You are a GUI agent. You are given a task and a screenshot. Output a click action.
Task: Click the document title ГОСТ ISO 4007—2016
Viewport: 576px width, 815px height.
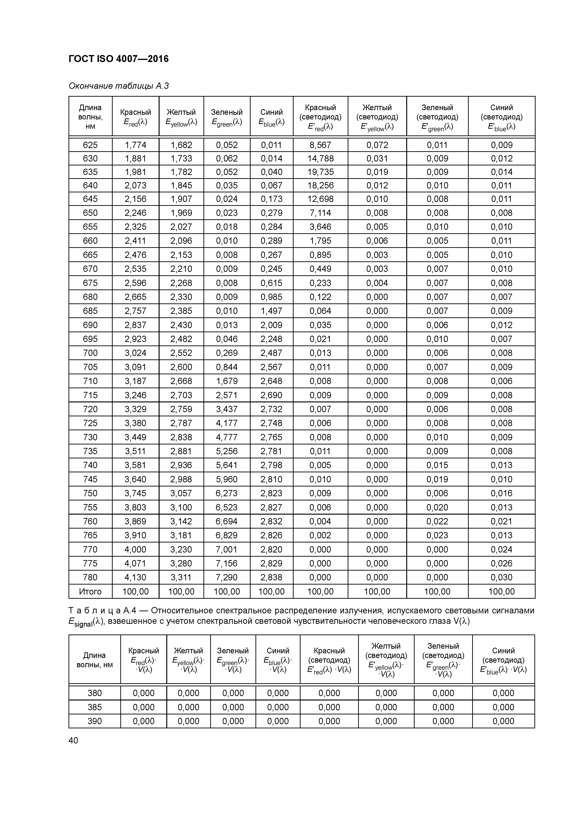click(x=118, y=59)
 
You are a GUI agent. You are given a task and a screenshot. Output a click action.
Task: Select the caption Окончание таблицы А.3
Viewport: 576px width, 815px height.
click(x=118, y=86)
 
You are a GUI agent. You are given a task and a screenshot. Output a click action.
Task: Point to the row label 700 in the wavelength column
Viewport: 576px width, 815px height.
click(x=90, y=353)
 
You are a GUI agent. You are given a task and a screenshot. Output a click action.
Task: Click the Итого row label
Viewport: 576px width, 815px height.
click(x=90, y=591)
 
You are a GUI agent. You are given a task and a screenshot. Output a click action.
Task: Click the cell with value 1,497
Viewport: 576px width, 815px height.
click(x=272, y=311)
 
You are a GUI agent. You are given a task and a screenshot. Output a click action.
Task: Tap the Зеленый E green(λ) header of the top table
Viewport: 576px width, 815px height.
click(x=226, y=117)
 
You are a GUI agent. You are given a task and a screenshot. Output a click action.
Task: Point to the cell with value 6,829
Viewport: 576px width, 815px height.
click(x=226, y=535)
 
